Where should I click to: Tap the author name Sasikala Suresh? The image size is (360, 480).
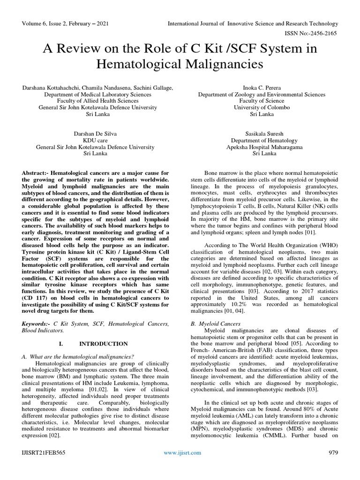point(262,134)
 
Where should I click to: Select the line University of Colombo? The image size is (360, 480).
point(262,107)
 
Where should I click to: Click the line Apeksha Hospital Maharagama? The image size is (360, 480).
point(262,147)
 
